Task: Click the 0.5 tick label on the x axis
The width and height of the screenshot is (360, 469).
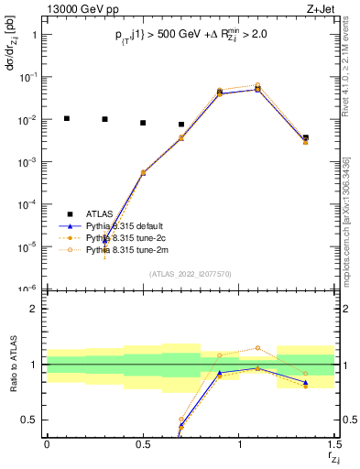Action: [143, 443]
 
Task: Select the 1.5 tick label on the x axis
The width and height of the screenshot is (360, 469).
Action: [334, 443]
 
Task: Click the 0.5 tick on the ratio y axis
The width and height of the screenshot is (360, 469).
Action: [30, 420]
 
